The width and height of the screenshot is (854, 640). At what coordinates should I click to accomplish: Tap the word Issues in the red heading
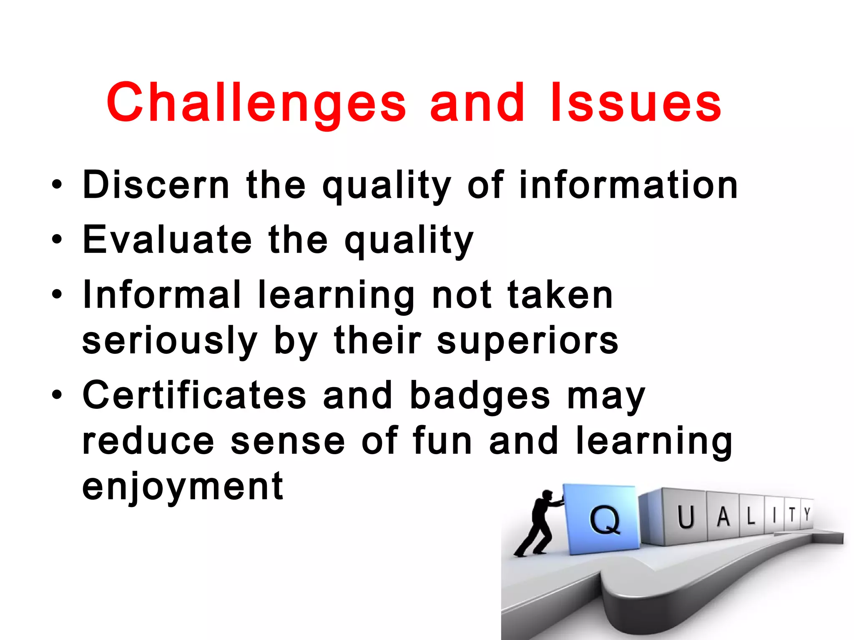pos(635,103)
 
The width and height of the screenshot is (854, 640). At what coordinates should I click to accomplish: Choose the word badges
pos(480,396)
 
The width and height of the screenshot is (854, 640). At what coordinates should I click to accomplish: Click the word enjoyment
pos(183,487)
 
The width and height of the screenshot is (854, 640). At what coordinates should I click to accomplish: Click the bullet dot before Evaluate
pos(57,240)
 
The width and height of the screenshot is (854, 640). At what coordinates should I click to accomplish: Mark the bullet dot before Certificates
pos(57,394)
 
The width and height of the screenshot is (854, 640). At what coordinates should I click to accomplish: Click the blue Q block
pos(603,519)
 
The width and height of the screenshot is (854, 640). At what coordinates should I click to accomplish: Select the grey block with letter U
pos(685,517)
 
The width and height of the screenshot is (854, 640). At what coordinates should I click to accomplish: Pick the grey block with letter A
pos(723,517)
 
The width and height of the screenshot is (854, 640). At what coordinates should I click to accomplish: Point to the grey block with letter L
pos(751,516)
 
